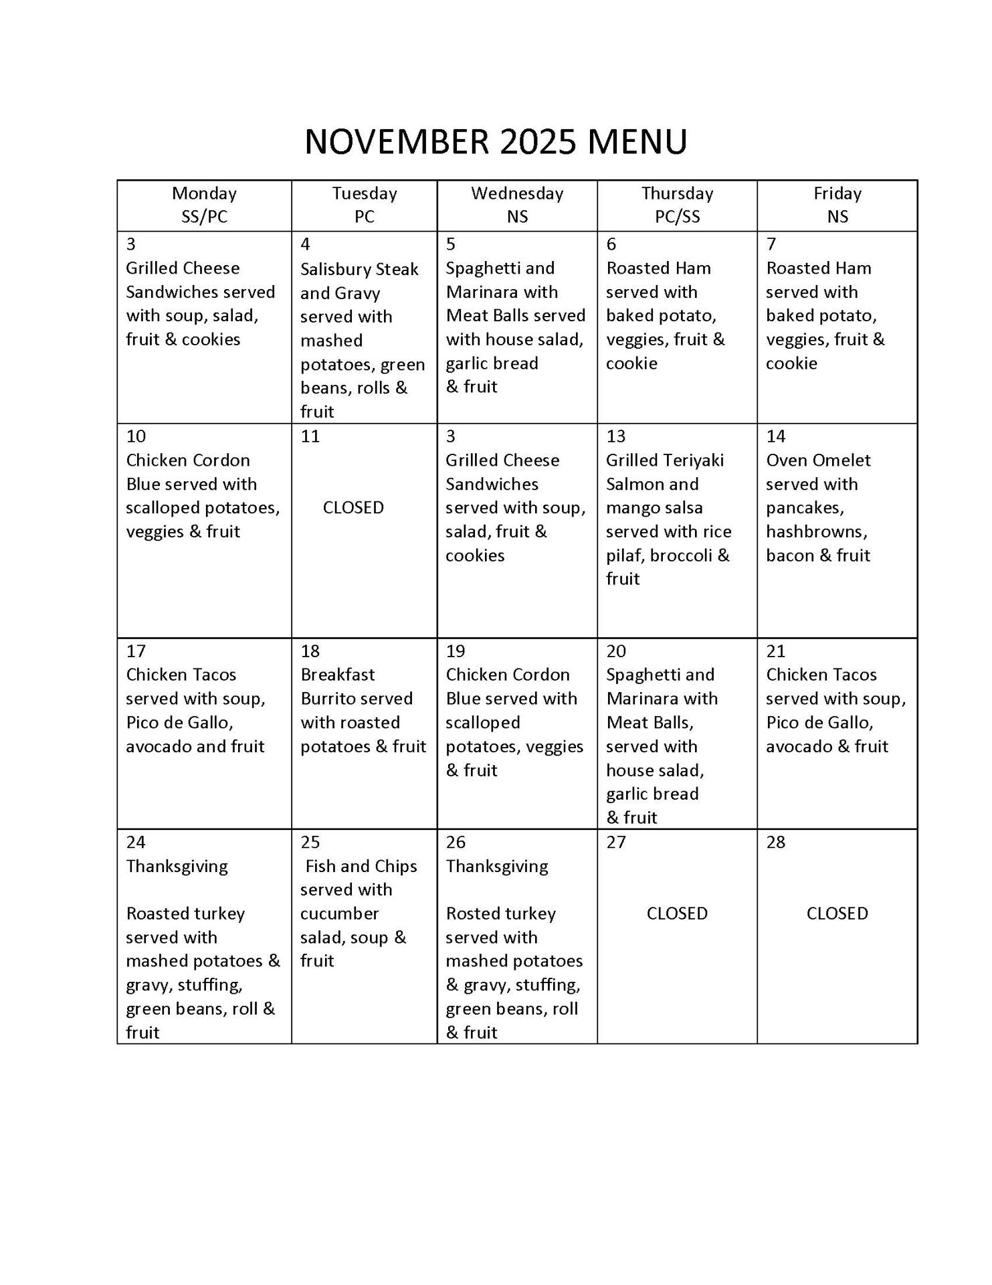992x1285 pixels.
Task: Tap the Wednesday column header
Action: pyautogui.click(x=517, y=193)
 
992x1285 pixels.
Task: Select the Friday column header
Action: pyautogui.click(x=837, y=193)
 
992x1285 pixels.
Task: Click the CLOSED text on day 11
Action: pyautogui.click(x=353, y=507)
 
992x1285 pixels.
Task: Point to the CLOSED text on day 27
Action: pyautogui.click(x=677, y=914)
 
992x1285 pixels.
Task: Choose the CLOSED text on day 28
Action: pyautogui.click(x=837, y=914)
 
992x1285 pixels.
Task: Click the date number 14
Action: pyautogui.click(x=776, y=436)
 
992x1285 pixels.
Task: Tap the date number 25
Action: pyautogui.click(x=310, y=842)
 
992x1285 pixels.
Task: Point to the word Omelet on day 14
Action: pyautogui.click(x=839, y=460)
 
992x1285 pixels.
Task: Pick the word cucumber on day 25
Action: pyautogui.click(x=339, y=914)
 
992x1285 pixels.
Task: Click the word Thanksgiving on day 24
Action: pyautogui.click(x=177, y=866)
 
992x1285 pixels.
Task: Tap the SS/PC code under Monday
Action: pyautogui.click(x=204, y=217)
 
